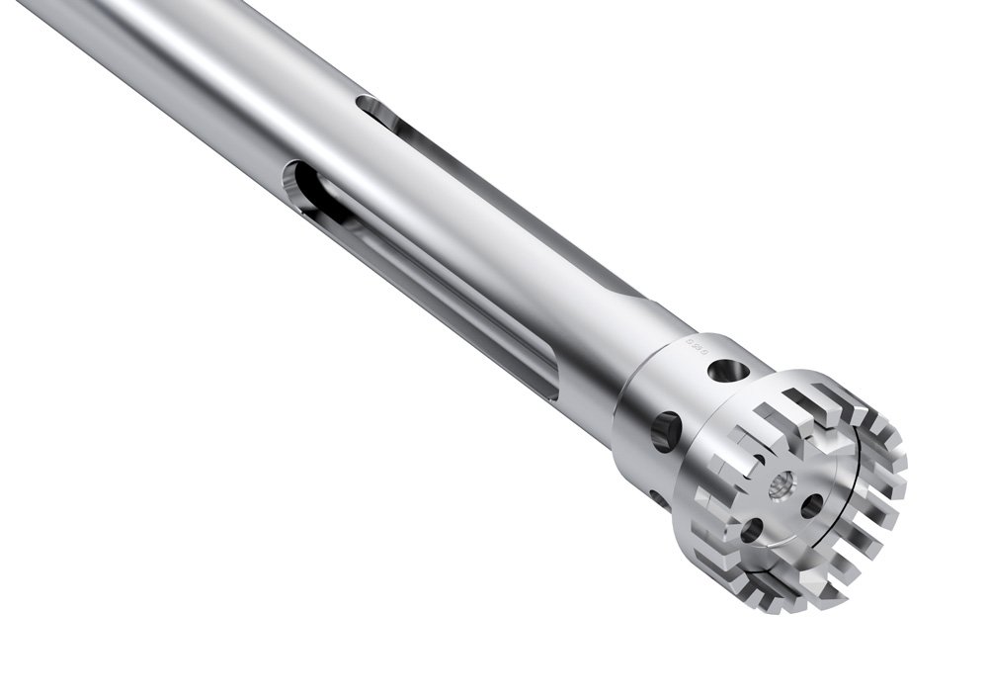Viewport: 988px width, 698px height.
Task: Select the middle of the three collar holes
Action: click(667, 428)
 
